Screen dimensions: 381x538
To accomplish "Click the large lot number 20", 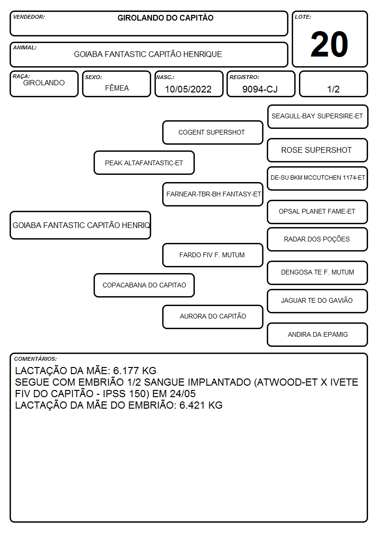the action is (329, 44).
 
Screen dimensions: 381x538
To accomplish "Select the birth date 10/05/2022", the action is (188, 89).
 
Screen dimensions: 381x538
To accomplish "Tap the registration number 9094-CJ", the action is (260, 89).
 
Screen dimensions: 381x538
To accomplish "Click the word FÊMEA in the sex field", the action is (117, 88).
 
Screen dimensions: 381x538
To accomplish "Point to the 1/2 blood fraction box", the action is (333, 84).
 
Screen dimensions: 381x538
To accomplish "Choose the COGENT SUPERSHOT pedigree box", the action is (213, 132).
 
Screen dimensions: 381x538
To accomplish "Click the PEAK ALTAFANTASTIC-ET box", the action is (144, 162).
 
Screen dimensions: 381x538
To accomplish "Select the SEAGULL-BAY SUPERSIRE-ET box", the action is (318, 117).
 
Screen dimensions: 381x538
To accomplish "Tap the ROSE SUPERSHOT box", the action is (318, 150).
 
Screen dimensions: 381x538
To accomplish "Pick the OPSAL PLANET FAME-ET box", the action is (318, 212).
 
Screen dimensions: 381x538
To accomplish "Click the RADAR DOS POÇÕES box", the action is (318, 239).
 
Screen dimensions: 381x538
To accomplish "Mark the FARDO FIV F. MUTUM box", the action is (213, 255).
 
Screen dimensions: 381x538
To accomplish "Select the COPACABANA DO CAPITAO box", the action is (144, 285).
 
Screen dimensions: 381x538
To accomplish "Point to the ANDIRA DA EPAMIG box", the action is (318, 334).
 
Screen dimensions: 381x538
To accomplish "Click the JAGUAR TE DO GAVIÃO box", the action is (318, 301).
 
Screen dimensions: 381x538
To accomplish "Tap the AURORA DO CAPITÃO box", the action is (213, 317).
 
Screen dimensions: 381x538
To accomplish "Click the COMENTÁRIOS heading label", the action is (36, 359).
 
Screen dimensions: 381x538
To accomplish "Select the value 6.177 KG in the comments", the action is (135, 370).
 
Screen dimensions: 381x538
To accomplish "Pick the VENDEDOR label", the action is (29, 17).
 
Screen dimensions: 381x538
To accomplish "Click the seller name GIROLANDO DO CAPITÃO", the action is (165, 18).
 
